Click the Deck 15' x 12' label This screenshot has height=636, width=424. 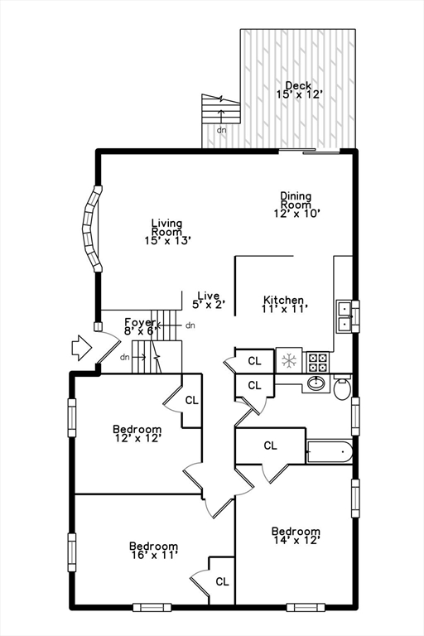click(x=298, y=90)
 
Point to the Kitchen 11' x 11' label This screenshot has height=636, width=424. click(x=283, y=304)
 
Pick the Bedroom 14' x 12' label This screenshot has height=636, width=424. click(x=296, y=536)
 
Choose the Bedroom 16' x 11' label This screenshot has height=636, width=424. click(x=153, y=551)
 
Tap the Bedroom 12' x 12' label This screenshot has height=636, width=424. click(x=137, y=434)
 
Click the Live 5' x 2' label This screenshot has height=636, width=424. click(x=208, y=300)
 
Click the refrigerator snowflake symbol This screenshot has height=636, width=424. click(x=289, y=360)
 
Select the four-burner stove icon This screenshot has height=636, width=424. click(x=318, y=361)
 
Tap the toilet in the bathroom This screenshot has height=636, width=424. click(x=343, y=387)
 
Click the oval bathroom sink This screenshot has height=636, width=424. click(x=315, y=384)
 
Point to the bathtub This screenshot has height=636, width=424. click(x=330, y=452)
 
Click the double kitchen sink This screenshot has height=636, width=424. click(x=347, y=316)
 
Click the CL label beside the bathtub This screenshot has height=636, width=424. click(x=270, y=446)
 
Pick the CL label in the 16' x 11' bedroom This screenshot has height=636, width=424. click(x=222, y=581)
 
